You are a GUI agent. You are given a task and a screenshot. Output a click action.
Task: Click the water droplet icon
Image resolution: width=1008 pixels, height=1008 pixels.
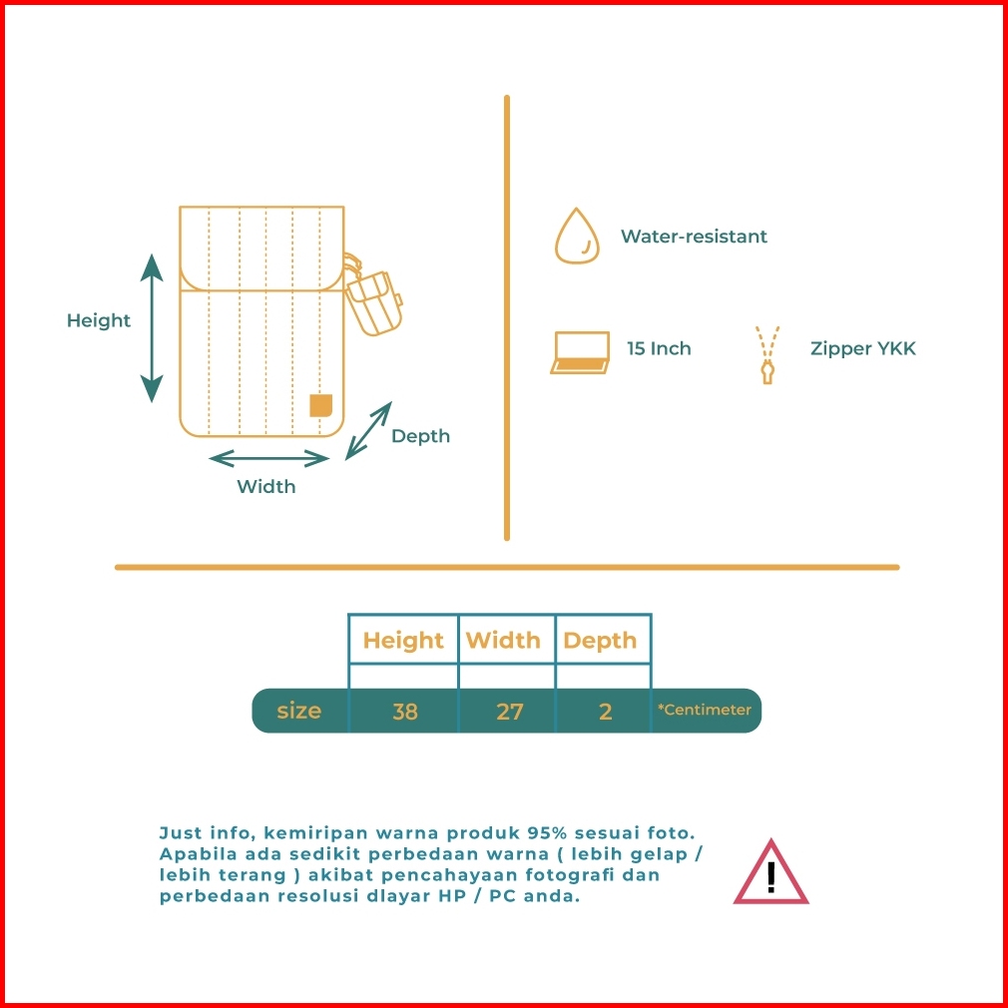[577, 236]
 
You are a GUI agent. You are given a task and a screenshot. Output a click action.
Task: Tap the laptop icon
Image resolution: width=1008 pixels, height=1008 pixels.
[580, 352]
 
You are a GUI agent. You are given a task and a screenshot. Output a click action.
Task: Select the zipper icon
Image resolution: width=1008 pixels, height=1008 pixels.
[766, 355]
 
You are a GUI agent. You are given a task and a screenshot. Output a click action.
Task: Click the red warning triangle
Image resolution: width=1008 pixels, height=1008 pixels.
[770, 872]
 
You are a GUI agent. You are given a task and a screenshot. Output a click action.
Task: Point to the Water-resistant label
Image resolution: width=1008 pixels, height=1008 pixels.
[694, 237]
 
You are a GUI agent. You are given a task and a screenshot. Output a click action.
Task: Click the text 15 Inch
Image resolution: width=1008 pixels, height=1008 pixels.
[659, 348]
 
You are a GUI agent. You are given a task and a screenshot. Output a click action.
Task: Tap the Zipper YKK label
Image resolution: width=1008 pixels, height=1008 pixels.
[862, 349]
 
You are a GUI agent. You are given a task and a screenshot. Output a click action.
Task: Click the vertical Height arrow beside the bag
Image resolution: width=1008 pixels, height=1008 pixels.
[152, 328]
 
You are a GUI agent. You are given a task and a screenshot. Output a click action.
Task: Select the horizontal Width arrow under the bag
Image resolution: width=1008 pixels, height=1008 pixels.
[268, 458]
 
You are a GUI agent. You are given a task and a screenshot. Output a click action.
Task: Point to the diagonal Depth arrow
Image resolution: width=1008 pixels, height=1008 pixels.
[368, 431]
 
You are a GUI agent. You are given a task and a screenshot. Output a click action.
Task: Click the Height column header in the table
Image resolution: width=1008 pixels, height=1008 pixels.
[403, 641]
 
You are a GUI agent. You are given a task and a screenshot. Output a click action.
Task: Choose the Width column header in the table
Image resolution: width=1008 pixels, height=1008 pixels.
[503, 641]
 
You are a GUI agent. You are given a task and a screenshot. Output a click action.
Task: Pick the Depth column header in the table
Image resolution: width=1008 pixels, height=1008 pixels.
[600, 641]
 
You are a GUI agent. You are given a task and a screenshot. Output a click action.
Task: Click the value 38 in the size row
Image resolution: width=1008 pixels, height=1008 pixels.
[405, 712]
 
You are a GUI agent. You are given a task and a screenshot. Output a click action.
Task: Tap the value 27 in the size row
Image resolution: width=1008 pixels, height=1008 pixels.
[509, 712]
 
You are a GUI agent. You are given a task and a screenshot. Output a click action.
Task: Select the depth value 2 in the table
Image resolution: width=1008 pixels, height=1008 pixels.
[605, 712]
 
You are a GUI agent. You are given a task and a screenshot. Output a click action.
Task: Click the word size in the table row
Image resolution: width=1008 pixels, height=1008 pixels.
[299, 711]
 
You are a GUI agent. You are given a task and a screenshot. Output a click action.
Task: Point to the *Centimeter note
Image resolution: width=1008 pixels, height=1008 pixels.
[704, 710]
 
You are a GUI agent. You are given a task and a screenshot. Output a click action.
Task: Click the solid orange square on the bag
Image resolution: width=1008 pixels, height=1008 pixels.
[320, 405]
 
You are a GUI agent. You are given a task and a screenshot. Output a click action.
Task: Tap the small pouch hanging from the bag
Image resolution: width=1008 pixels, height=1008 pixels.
[373, 302]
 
